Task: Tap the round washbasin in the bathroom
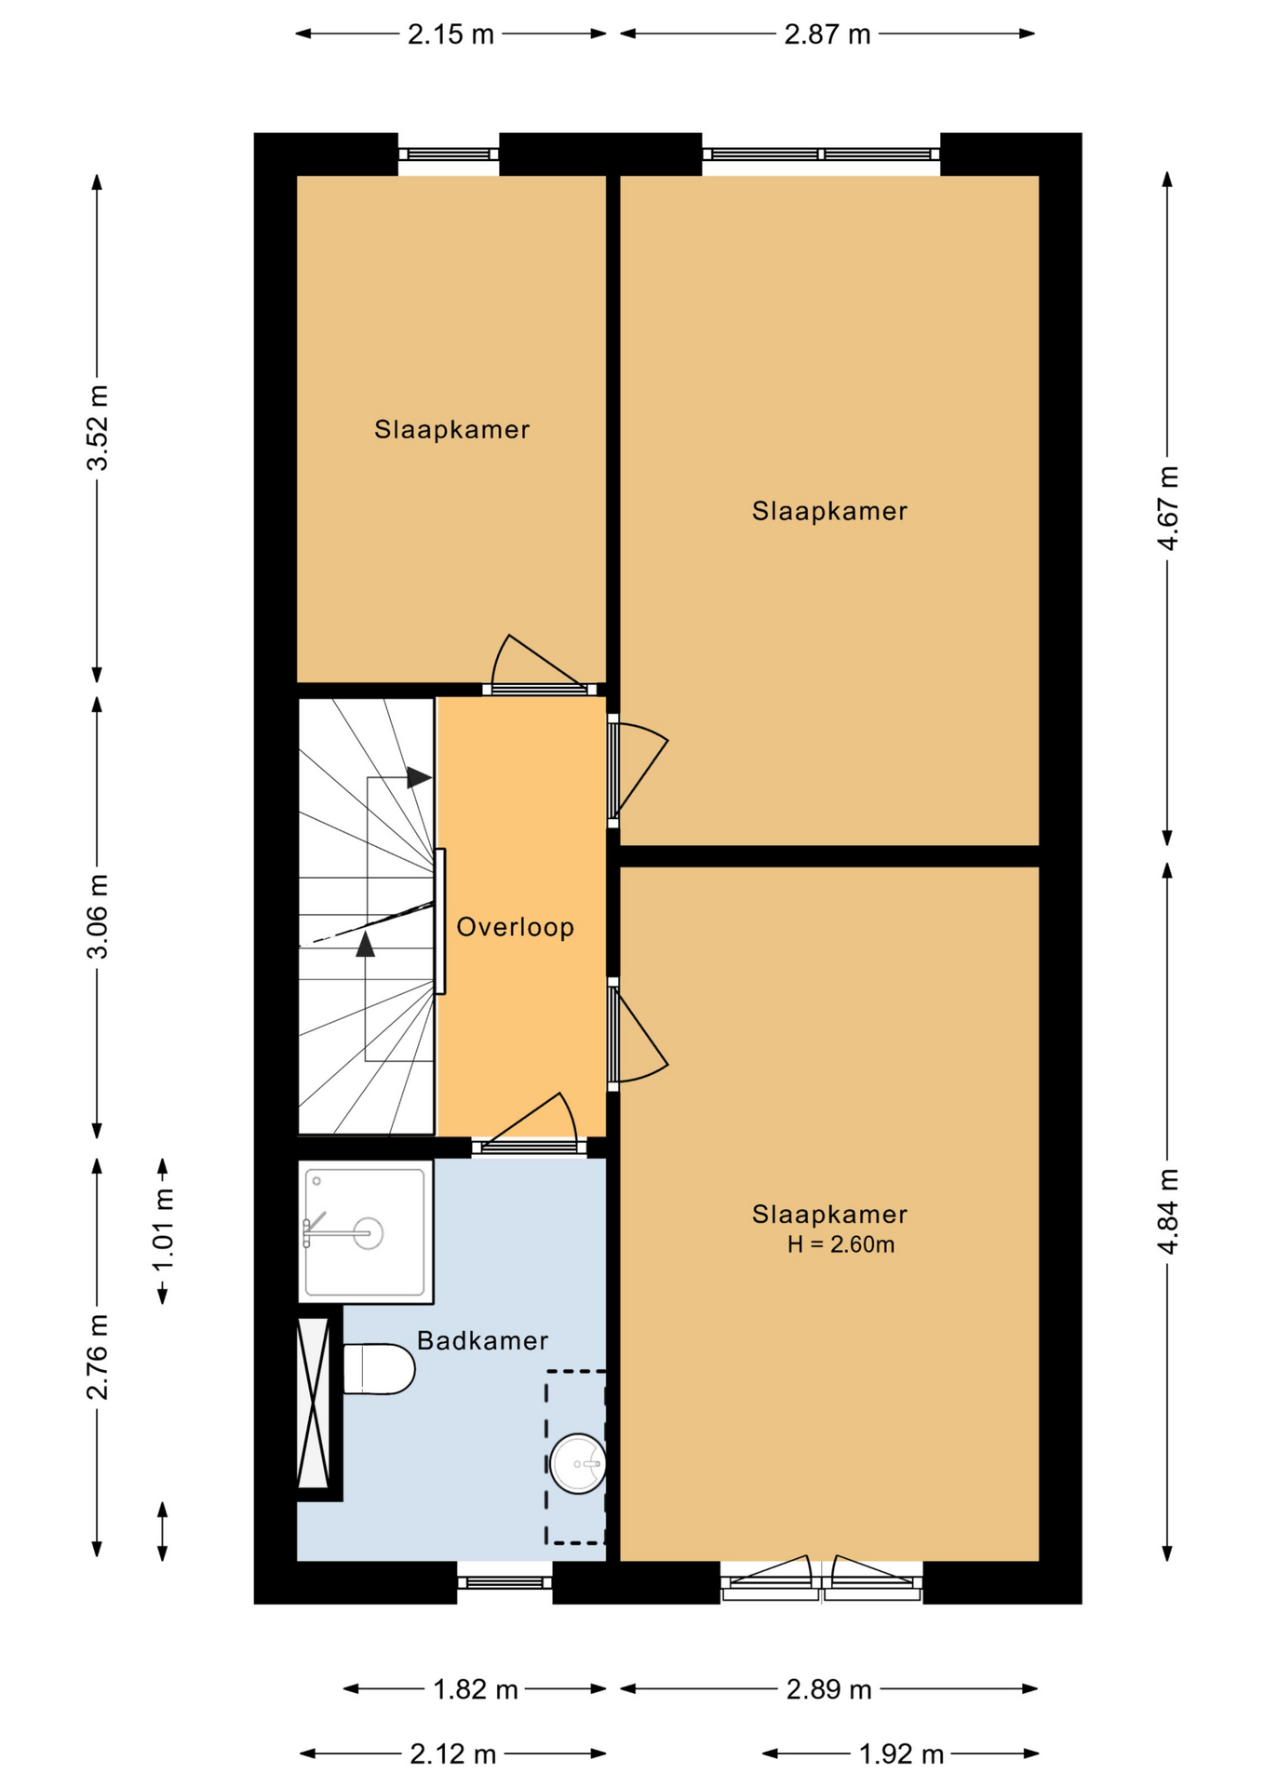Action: coord(578,1463)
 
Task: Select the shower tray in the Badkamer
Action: coord(366,1231)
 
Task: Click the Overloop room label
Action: coord(515,927)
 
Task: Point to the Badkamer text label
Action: coord(482,1340)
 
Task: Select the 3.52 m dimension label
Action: coord(98,427)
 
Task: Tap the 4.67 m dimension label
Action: coord(1168,508)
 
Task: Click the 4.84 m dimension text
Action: coord(1168,1211)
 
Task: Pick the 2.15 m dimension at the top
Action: coord(450,34)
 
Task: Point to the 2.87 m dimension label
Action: coord(827,34)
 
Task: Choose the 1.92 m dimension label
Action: coord(901,1754)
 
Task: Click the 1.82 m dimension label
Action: coord(476,1689)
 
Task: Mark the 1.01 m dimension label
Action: coord(163,1229)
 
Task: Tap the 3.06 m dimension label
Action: coord(98,917)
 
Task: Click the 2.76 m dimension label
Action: coord(98,1357)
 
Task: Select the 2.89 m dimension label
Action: coord(829,1689)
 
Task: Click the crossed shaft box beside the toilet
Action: coord(314,1403)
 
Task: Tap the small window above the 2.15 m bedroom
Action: coord(449,155)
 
